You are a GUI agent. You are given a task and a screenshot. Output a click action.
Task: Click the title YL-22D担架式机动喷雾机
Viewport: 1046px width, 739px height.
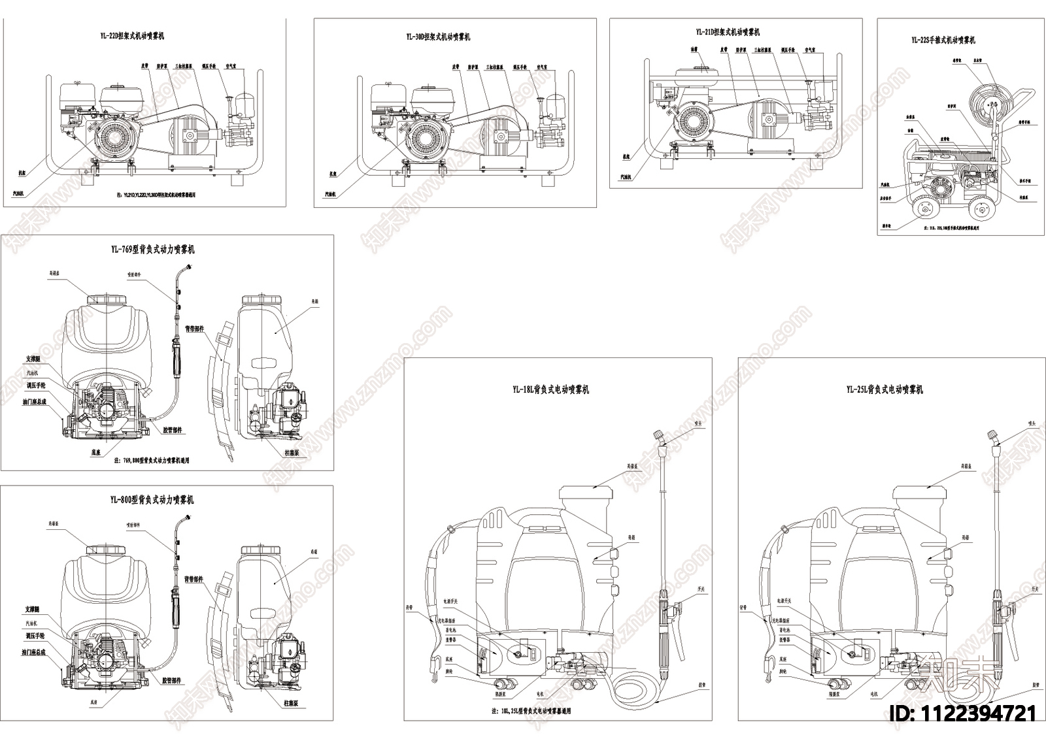(x=137, y=36)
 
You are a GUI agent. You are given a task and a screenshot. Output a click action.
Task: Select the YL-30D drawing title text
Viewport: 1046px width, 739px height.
(x=438, y=37)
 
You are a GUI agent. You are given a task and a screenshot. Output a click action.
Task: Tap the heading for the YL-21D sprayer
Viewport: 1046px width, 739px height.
(x=728, y=32)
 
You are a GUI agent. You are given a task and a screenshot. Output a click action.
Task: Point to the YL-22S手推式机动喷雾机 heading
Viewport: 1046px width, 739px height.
(x=943, y=40)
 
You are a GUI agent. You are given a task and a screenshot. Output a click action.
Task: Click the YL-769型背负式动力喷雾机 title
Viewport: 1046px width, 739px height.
(x=152, y=250)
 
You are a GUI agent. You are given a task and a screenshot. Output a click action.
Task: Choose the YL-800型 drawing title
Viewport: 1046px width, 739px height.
(x=152, y=500)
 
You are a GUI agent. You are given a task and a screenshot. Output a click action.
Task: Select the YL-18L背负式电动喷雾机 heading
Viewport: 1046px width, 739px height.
(x=551, y=389)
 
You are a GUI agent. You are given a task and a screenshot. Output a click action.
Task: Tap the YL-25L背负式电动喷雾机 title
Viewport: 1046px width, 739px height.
(x=885, y=389)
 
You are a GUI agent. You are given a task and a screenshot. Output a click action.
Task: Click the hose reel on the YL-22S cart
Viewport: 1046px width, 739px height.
(x=988, y=101)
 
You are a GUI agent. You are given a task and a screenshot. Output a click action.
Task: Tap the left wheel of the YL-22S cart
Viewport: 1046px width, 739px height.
(x=924, y=210)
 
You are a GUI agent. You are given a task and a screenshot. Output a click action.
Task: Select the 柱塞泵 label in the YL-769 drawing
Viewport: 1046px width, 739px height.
(x=295, y=453)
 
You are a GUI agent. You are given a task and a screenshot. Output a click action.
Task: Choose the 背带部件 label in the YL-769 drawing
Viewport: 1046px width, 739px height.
(x=194, y=329)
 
